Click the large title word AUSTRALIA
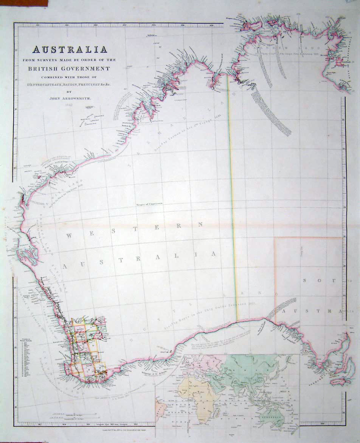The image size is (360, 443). [70, 50]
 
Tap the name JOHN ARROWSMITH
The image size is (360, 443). [71, 98]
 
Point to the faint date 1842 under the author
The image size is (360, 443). [68, 104]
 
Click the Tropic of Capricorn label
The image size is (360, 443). [149, 204]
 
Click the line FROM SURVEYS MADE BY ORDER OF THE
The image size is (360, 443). [70, 60]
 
